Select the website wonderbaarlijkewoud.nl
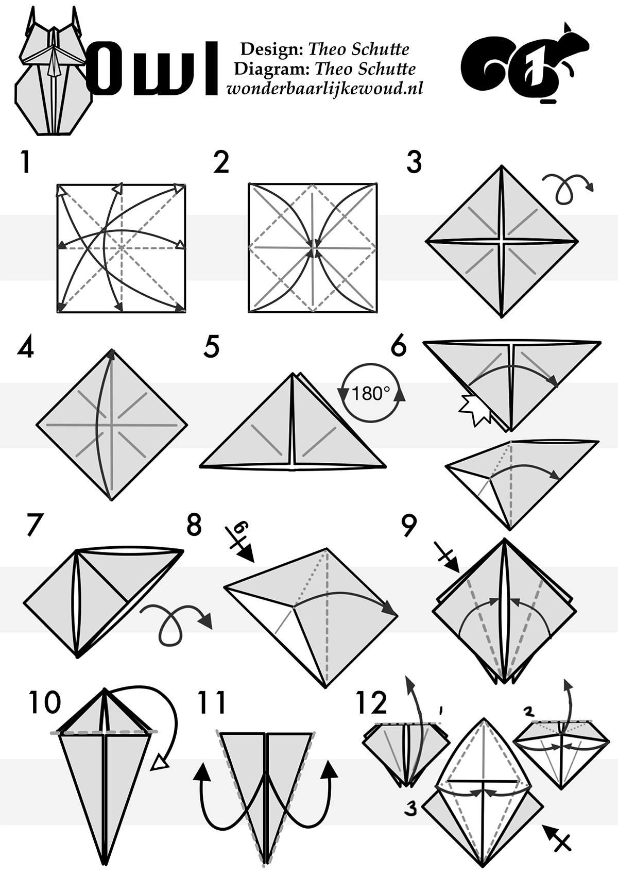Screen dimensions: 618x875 (x=324, y=89)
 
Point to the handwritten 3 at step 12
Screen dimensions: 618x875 (x=410, y=809)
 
